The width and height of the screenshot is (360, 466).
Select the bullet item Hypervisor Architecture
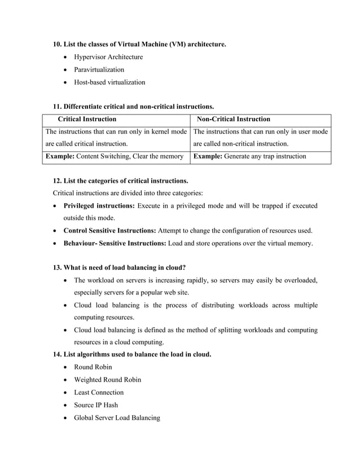click(x=108, y=57)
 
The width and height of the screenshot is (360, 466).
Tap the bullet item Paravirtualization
click(x=99, y=69)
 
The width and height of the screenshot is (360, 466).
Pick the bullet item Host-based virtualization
click(x=109, y=82)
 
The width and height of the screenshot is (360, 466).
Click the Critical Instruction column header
click(x=87, y=119)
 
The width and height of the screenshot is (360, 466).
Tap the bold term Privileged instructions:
click(x=99, y=205)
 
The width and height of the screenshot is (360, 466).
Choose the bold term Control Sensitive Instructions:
click(x=109, y=231)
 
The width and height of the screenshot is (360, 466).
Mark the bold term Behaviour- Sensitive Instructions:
click(x=114, y=244)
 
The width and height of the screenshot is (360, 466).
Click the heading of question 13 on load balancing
click(x=120, y=267)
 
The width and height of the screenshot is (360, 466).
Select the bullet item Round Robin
click(x=93, y=367)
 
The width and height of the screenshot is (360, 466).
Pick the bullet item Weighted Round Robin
click(x=108, y=380)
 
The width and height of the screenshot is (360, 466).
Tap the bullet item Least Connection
click(x=99, y=393)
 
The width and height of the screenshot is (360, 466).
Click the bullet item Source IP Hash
click(x=98, y=405)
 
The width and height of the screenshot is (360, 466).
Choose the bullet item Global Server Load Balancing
click(x=117, y=418)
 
